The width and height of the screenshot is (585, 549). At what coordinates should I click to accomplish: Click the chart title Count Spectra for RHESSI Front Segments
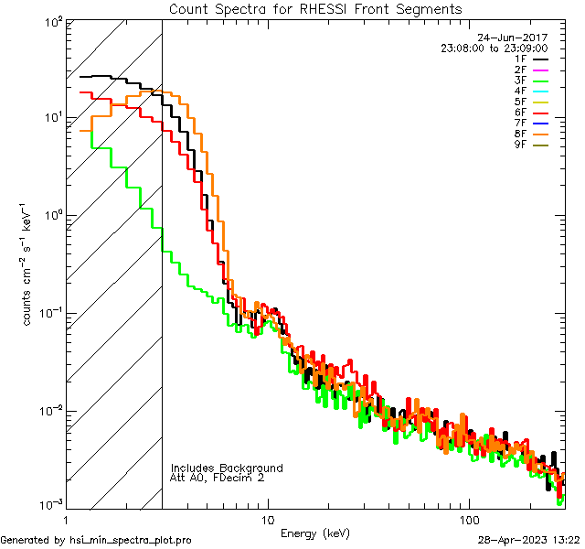pyautogui.click(x=315, y=9)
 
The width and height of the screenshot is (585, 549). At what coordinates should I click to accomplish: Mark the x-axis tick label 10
pyautogui.click(x=267, y=519)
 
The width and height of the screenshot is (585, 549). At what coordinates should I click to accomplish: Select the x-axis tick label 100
pyautogui.click(x=469, y=519)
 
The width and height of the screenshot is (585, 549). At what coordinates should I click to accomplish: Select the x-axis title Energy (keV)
pyautogui.click(x=314, y=533)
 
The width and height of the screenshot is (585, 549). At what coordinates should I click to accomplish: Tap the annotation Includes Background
pyautogui.click(x=227, y=468)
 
